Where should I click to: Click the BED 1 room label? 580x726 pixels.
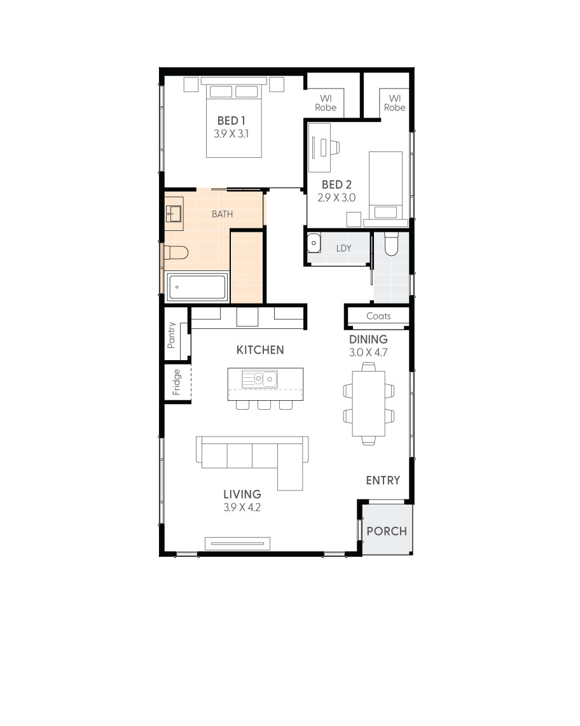pyautogui.click(x=231, y=120)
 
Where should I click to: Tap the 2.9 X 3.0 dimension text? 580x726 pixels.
pyautogui.click(x=336, y=198)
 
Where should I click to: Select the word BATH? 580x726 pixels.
pyautogui.click(x=222, y=214)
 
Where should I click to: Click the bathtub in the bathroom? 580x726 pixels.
pyautogui.click(x=197, y=288)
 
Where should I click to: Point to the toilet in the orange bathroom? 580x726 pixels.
pyautogui.click(x=176, y=253)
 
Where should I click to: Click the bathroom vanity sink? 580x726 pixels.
pyautogui.click(x=174, y=214)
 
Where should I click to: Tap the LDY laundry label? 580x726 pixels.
pyautogui.click(x=343, y=248)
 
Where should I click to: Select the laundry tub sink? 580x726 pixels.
pyautogui.click(x=314, y=244)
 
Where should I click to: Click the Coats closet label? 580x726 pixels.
pyautogui.click(x=378, y=316)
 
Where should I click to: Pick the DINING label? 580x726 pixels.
pyautogui.click(x=368, y=340)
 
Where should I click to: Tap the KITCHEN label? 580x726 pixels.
pyautogui.click(x=260, y=350)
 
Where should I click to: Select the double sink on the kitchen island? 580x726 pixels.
pyautogui.click(x=259, y=380)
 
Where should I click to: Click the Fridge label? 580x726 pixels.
pyautogui.click(x=177, y=382)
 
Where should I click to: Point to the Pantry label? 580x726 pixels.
pyautogui.click(x=171, y=335)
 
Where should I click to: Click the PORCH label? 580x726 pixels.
pyautogui.click(x=387, y=531)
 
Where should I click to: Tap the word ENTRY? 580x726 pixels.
pyautogui.click(x=383, y=480)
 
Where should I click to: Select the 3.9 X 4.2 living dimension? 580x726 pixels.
pyautogui.click(x=242, y=508)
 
